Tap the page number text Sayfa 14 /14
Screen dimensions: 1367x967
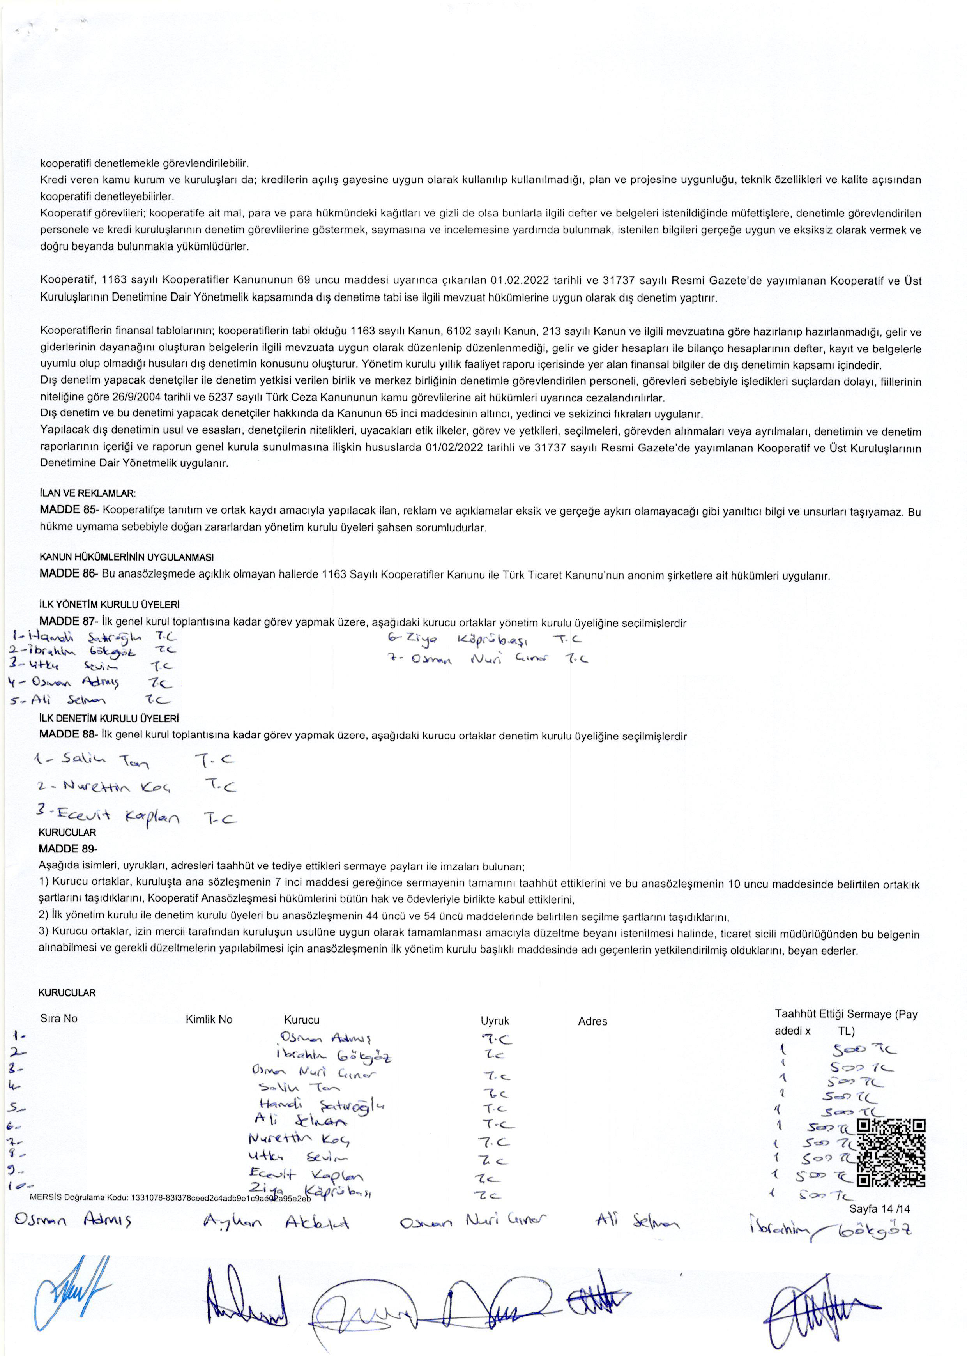point(879,1209)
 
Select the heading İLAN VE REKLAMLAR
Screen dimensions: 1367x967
point(88,493)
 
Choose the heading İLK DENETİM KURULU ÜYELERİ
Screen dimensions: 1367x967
point(109,719)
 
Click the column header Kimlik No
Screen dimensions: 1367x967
point(209,1019)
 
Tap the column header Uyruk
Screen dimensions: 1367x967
point(495,1020)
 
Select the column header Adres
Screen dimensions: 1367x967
point(592,1021)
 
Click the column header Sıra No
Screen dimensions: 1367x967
point(59,1018)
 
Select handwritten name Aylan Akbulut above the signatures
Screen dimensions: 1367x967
point(276,1223)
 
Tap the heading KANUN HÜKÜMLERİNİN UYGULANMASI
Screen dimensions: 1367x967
point(126,557)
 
